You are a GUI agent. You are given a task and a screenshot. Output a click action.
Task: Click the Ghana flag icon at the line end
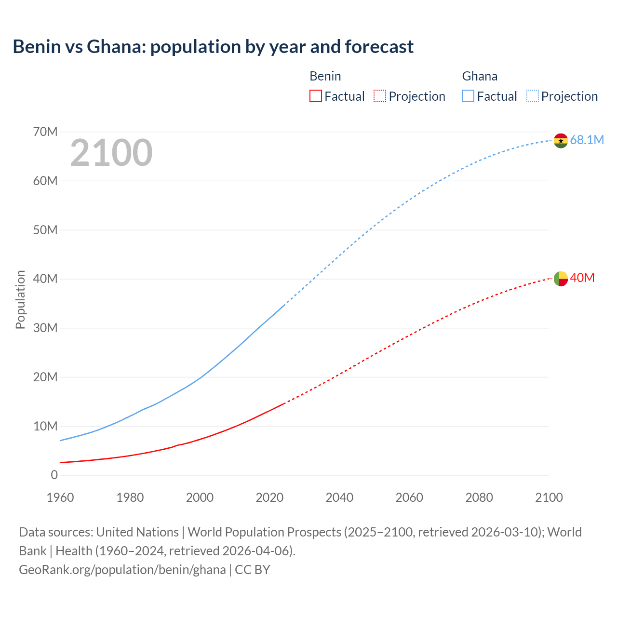click(x=561, y=141)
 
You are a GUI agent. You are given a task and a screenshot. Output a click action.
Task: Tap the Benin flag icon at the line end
click(x=561, y=279)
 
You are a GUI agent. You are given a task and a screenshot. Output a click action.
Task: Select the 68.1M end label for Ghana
click(x=587, y=140)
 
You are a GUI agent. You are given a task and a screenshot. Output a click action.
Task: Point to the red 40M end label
click(x=582, y=278)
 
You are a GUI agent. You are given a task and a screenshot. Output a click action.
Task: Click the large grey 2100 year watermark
click(x=111, y=153)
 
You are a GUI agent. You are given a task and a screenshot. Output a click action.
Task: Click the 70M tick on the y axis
click(x=45, y=132)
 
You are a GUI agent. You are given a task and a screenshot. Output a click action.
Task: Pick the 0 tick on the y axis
click(x=54, y=475)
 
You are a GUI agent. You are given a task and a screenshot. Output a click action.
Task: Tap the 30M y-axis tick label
click(x=45, y=328)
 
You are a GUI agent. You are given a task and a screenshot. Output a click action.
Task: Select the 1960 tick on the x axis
click(x=60, y=497)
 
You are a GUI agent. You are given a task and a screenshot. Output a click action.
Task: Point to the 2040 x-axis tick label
click(x=339, y=497)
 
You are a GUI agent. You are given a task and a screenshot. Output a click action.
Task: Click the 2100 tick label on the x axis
click(x=549, y=497)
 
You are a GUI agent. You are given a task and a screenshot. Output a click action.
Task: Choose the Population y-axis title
click(x=20, y=299)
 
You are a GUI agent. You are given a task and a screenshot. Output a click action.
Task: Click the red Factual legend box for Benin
click(x=315, y=96)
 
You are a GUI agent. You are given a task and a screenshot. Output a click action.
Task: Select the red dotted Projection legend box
click(x=380, y=96)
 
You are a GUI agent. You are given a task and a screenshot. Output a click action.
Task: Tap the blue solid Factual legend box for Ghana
click(x=468, y=96)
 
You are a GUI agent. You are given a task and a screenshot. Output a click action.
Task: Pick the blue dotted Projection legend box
click(x=533, y=96)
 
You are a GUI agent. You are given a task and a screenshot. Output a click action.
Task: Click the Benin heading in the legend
click(x=325, y=76)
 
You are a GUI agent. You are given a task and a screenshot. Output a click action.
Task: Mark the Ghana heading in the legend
click(x=480, y=76)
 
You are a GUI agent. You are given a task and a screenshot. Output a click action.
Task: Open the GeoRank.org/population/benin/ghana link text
click(x=122, y=570)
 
